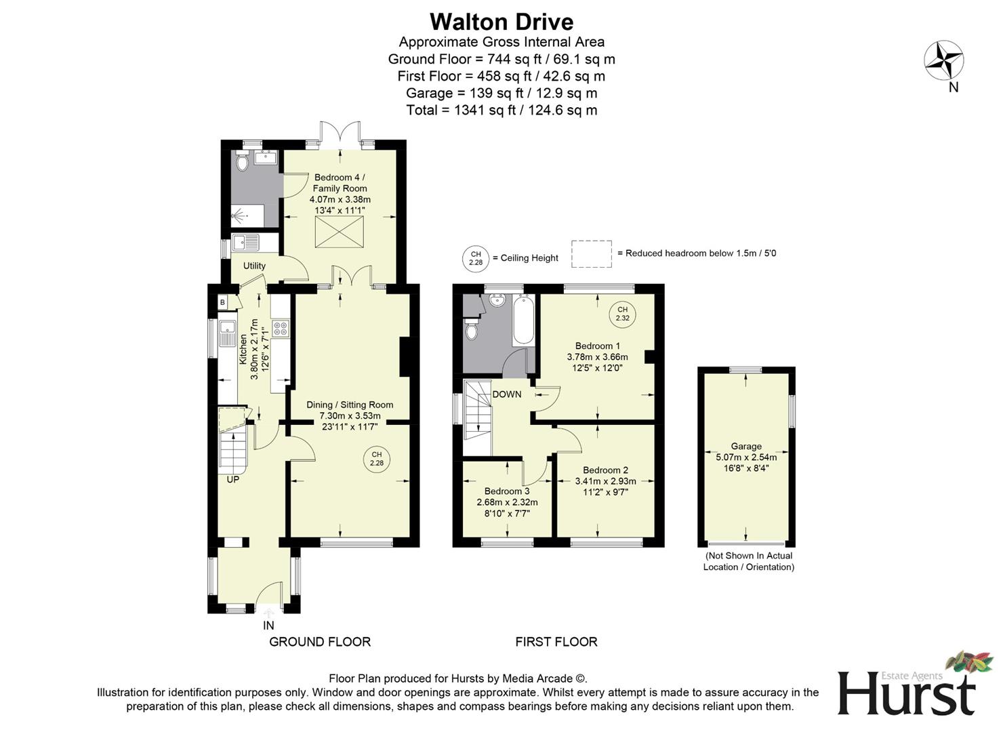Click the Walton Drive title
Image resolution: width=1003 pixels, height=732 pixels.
tap(501, 22)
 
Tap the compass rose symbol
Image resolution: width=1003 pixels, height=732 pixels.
tap(944, 60)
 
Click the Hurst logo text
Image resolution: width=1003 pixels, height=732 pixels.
tap(907, 693)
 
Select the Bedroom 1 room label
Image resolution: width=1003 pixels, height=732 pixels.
tap(597, 346)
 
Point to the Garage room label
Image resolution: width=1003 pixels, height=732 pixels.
tap(746, 446)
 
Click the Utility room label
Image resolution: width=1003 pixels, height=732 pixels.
tap(254, 266)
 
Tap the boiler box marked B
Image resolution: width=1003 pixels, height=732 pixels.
tap(222, 302)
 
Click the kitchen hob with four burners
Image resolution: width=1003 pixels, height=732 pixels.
tap(280, 329)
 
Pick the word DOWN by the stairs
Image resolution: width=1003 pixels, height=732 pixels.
tap(507, 394)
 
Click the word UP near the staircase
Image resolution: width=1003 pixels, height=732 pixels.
tap(232, 480)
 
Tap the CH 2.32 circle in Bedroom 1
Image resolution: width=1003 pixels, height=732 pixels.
tap(622, 314)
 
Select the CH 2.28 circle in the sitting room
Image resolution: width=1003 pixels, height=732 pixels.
tap(377, 459)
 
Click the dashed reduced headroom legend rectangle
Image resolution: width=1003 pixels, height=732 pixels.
tap(591, 253)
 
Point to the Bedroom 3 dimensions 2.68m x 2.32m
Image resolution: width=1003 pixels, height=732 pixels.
tap(507, 502)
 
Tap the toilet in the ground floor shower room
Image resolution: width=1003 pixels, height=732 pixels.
tap(242, 163)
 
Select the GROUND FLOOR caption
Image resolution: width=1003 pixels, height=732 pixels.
tap(320, 641)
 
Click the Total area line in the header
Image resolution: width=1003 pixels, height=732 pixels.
tap(501, 110)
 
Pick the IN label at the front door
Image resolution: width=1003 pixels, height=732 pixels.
tap(268, 626)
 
